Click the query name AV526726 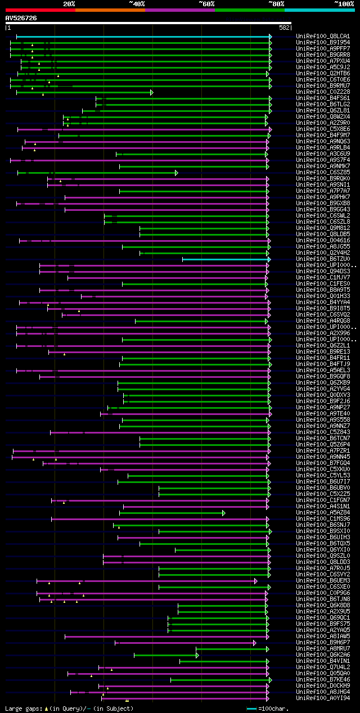coord(21,18)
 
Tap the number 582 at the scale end coord(284,28)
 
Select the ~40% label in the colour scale coord(137,3)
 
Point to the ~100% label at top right coord(344,3)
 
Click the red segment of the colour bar coord(40,10)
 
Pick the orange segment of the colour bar coord(110,10)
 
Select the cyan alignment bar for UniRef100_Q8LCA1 coord(141,37)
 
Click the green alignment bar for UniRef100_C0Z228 coord(84,92)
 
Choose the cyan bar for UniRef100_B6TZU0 coord(225,259)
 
